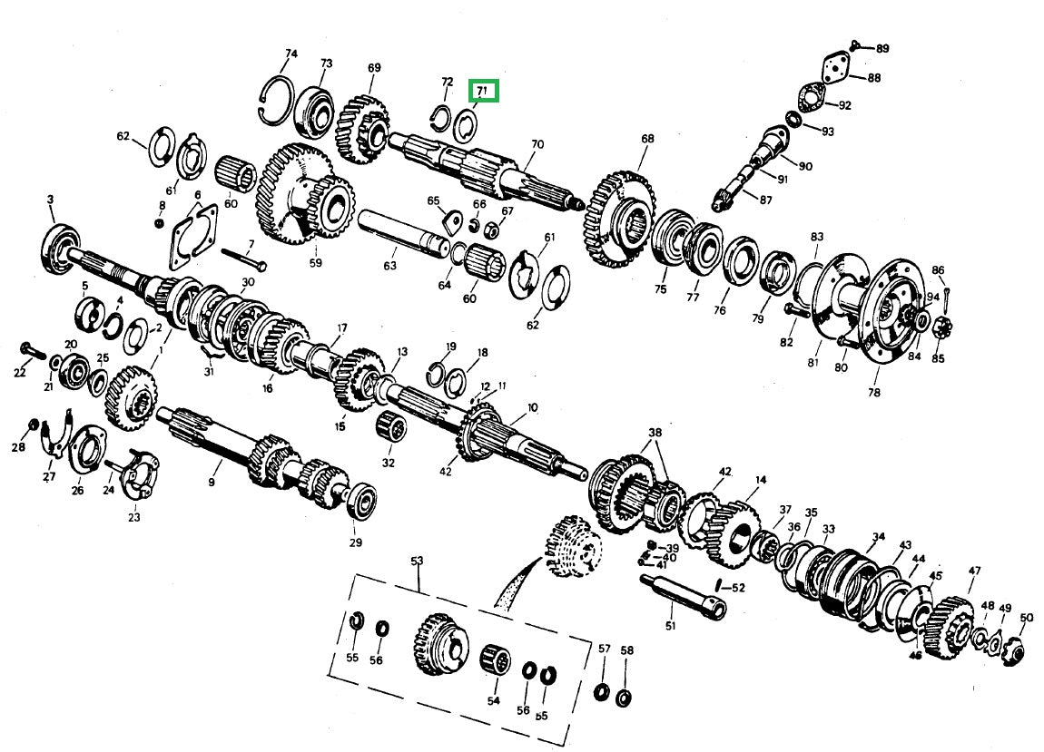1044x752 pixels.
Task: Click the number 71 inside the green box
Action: tap(482, 91)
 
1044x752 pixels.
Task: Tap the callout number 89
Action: tap(881, 48)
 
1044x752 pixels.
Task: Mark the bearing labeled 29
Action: tap(363, 501)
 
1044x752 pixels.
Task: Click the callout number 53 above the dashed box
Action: tap(417, 562)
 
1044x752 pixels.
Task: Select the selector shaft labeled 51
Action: tap(683, 593)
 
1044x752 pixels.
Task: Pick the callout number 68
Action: tap(646, 139)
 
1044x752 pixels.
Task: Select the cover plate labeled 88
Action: tap(832, 72)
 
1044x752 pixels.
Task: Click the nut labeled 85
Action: tap(936, 324)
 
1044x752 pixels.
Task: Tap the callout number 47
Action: tap(974, 571)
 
